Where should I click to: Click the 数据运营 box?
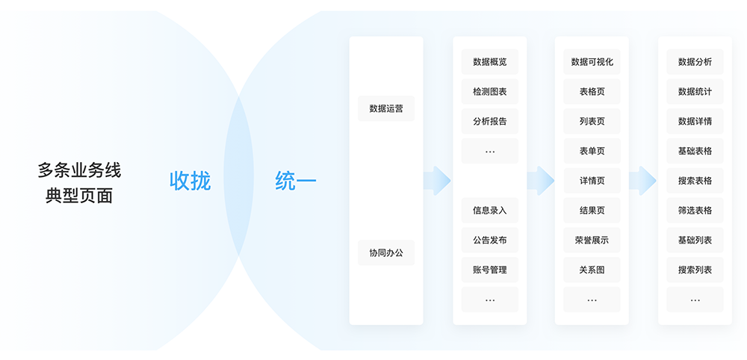[386, 108]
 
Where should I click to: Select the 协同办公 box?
[386, 252]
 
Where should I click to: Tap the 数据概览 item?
[489, 62]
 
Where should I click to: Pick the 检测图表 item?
[489, 92]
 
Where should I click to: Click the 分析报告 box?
[489, 121]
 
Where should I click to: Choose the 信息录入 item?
[489, 210]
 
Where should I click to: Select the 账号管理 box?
[489, 270]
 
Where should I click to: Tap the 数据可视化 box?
[592, 62]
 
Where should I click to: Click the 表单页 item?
[592, 151]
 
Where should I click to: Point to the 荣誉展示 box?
[592, 240]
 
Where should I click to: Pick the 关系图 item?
[592, 270]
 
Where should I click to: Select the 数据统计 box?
[695, 92]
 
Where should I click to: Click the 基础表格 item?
[695, 151]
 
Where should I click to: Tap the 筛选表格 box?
[695, 210]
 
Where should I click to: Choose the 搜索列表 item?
[695, 270]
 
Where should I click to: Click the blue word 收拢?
[190, 181]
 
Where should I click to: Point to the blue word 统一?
[296, 181]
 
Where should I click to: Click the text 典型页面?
[79, 196]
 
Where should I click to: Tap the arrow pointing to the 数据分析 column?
[642, 181]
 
